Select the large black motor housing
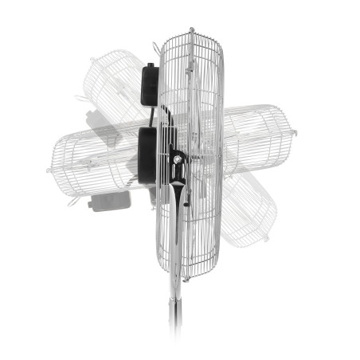[x=147, y=156]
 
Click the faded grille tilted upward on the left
[x=115, y=88]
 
